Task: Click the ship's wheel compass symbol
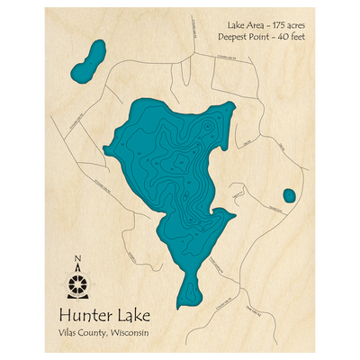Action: tap(78, 285)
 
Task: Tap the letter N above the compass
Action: tap(78, 259)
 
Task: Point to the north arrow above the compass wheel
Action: tap(78, 268)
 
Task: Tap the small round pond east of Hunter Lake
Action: tap(289, 195)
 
